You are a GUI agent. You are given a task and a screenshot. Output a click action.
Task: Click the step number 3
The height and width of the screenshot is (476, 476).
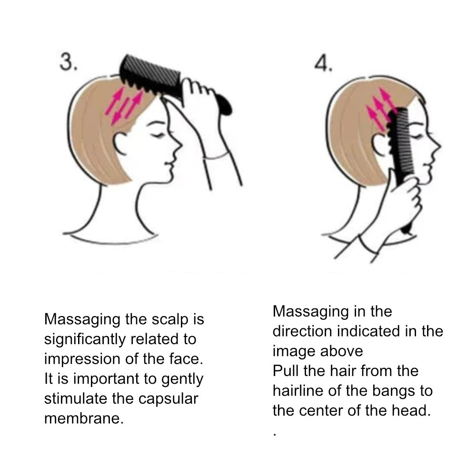68,62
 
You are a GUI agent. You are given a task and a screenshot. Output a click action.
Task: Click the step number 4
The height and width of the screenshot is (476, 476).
323,64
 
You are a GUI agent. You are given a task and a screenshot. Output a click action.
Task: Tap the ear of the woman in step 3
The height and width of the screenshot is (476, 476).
119,144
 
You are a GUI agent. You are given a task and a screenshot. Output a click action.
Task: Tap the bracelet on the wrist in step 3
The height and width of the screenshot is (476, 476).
216,157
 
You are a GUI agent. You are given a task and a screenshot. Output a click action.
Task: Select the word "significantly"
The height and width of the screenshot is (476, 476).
85,340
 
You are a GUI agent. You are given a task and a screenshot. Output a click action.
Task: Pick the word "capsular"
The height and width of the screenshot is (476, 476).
168,399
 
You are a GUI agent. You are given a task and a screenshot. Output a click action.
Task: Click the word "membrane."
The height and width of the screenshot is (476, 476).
84,418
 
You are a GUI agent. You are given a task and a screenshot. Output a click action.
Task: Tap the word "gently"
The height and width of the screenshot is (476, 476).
182,379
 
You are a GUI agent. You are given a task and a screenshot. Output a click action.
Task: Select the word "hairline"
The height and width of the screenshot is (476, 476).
298,391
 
